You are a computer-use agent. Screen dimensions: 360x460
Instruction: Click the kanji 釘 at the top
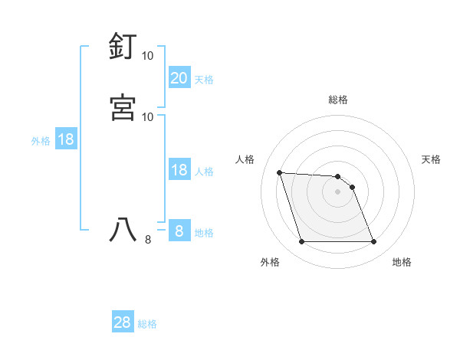coord(123,47)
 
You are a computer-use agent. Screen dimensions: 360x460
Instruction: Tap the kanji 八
coord(123,229)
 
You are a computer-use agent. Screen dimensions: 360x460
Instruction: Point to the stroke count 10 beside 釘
coord(148,56)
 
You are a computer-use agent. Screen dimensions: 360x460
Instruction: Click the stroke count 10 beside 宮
coord(148,116)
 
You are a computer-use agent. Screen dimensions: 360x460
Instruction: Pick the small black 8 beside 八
coord(148,240)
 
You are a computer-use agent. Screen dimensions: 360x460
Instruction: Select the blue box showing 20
coord(179,78)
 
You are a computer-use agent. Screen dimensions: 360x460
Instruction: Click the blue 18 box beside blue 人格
coord(179,171)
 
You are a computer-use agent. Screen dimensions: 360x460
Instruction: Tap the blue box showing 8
coord(179,231)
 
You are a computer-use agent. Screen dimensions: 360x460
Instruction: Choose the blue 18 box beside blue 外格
coord(66,140)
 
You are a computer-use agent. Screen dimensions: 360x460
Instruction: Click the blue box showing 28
coord(123,322)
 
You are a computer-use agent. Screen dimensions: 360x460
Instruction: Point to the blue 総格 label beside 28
coord(148,324)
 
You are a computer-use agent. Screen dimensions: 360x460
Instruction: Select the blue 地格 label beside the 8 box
coord(204,233)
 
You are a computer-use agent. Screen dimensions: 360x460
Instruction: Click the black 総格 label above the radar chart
coord(337,100)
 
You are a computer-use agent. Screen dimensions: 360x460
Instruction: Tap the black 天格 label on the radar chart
coord(431,159)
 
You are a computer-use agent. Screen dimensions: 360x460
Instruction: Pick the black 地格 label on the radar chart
coord(402,263)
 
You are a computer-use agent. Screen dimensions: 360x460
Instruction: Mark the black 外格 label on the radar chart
coord(270,263)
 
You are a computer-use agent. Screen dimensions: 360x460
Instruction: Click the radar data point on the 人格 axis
coord(279,172)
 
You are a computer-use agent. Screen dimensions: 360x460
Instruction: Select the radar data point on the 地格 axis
coord(373,242)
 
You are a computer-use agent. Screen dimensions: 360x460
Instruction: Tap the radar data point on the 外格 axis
coord(301,242)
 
